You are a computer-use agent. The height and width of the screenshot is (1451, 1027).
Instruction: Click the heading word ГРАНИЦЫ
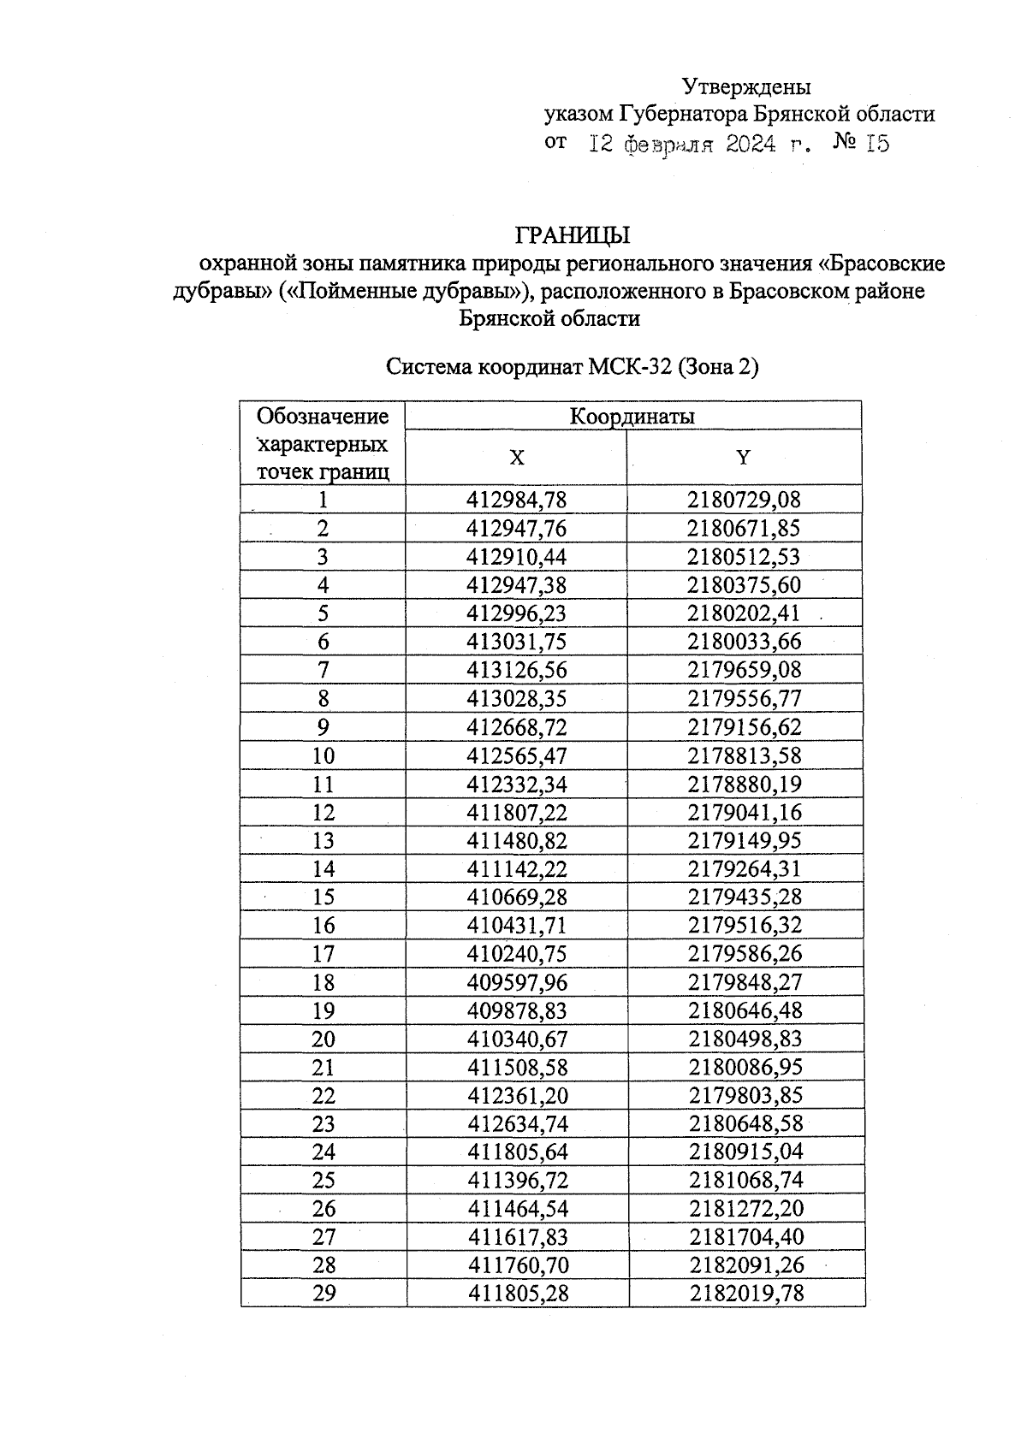pyautogui.click(x=572, y=235)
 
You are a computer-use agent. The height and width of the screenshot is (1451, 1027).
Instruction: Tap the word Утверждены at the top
pyautogui.click(x=746, y=86)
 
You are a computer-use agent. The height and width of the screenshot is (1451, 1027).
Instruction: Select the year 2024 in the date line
pyautogui.click(x=751, y=144)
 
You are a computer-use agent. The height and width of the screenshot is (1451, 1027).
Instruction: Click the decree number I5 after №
pyautogui.click(x=877, y=144)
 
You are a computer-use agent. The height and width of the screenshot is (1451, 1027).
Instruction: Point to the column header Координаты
pyautogui.click(x=632, y=417)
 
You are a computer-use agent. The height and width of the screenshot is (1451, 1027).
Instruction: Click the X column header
pyautogui.click(x=517, y=458)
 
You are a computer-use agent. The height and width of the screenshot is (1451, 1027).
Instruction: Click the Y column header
pyautogui.click(x=743, y=458)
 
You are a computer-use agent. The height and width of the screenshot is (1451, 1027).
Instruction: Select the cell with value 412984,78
pyautogui.click(x=517, y=500)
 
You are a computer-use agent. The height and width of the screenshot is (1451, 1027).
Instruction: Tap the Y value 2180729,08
pyautogui.click(x=744, y=500)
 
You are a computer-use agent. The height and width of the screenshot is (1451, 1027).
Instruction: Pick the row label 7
pyautogui.click(x=324, y=670)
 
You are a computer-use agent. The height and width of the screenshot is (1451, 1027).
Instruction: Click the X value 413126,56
pyautogui.click(x=517, y=670)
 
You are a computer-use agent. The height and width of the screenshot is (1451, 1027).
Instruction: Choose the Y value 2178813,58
pyautogui.click(x=745, y=755)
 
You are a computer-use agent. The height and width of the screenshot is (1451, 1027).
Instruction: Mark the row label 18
pyautogui.click(x=324, y=982)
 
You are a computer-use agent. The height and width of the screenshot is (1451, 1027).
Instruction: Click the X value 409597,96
pyautogui.click(x=517, y=982)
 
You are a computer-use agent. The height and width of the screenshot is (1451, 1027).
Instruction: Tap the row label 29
pyautogui.click(x=324, y=1294)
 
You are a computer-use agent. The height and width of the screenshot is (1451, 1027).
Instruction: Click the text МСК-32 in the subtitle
pyautogui.click(x=630, y=368)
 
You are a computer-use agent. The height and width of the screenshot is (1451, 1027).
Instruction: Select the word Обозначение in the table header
pyautogui.click(x=323, y=417)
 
